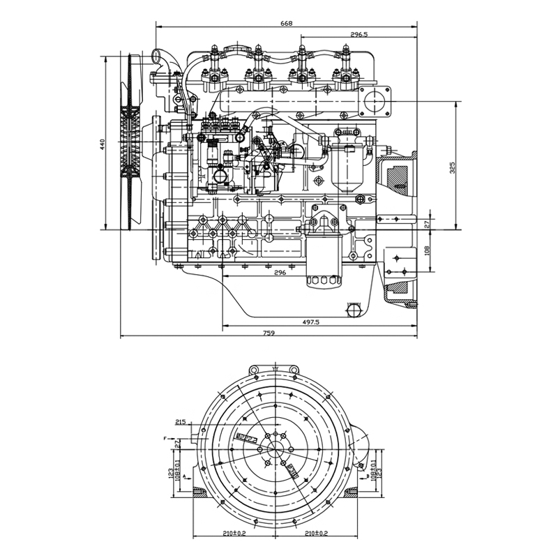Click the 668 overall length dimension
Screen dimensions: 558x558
tap(286, 24)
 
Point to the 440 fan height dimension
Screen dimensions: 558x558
tap(102, 144)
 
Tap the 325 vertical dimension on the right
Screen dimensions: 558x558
tap(453, 167)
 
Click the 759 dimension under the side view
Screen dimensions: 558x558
tap(269, 333)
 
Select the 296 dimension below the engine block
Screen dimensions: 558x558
tap(280, 273)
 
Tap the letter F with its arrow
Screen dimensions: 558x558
tap(166, 438)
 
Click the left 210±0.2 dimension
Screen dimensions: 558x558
tap(234, 534)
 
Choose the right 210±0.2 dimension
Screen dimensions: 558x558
tap(316, 534)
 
